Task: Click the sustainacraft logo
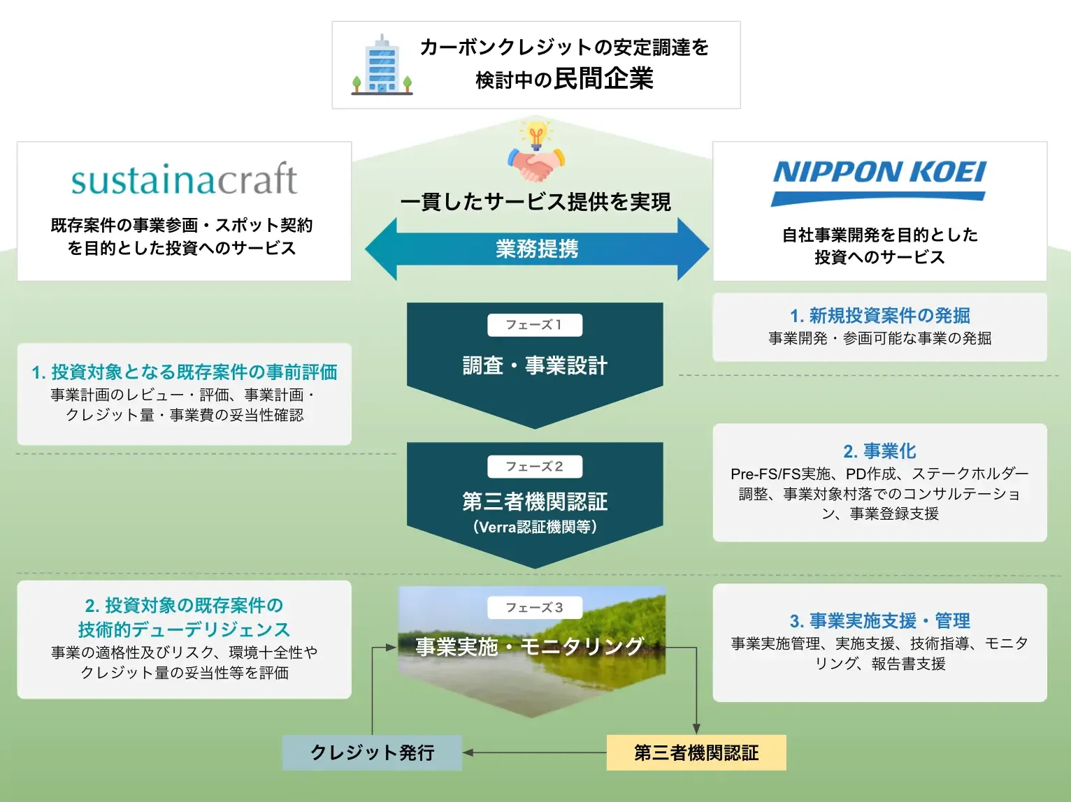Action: (x=184, y=180)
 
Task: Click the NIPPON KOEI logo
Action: (x=879, y=181)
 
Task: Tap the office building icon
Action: (x=382, y=65)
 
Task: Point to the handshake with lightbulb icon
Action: (x=536, y=152)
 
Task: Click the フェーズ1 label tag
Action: (x=534, y=325)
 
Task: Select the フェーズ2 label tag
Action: (x=534, y=467)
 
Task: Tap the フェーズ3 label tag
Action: (x=534, y=608)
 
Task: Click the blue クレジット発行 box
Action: (x=372, y=752)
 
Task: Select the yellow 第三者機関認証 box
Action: (x=696, y=752)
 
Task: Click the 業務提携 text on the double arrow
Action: (x=537, y=249)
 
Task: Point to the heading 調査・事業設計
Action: (x=535, y=365)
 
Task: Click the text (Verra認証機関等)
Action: (x=535, y=527)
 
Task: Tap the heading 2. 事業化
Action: (x=879, y=451)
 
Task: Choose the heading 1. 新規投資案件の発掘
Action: (x=879, y=316)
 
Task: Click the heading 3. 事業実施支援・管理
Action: (x=879, y=620)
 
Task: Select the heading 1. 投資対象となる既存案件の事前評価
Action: (x=184, y=372)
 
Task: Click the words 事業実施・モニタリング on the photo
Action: (x=529, y=647)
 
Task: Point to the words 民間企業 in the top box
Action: (x=603, y=79)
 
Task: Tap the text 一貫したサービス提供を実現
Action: (x=535, y=202)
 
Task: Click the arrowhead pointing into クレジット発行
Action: (x=468, y=752)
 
